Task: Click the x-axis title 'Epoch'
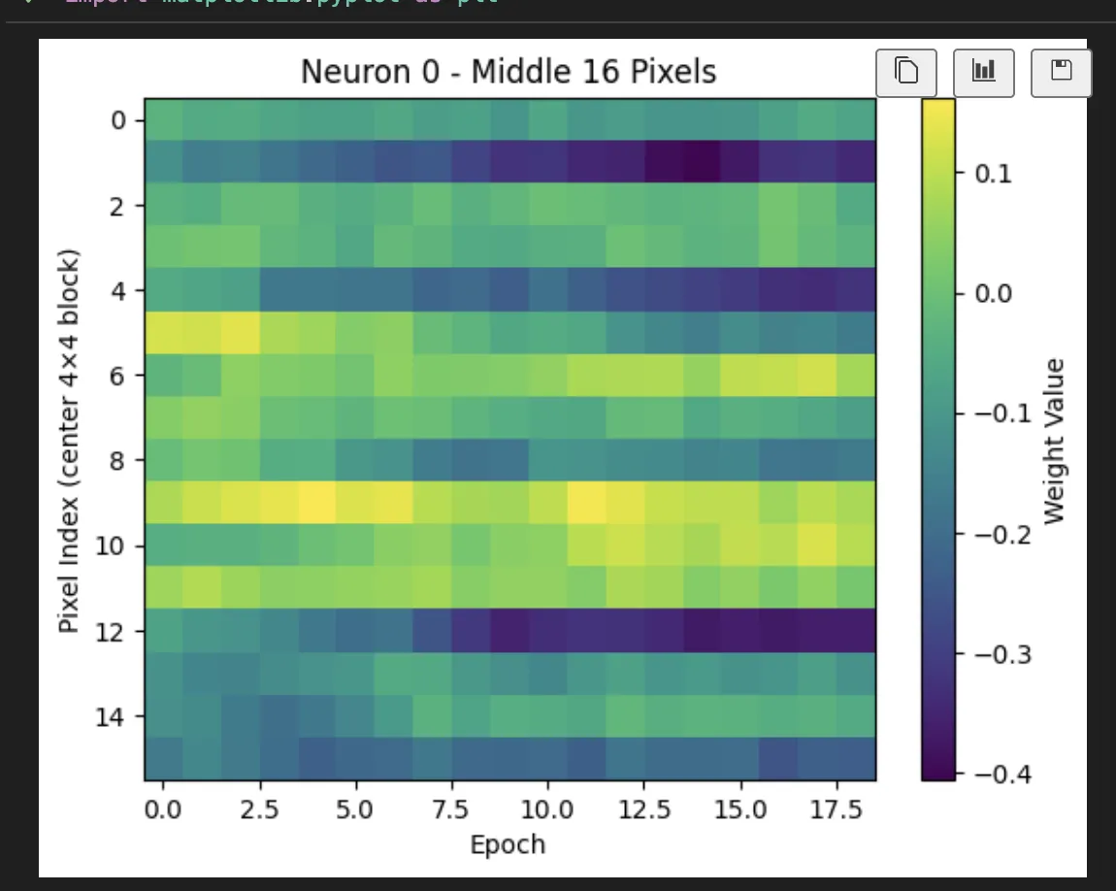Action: pyautogui.click(x=508, y=844)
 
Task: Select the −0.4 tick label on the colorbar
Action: pyautogui.click(x=998, y=774)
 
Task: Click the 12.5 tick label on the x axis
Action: pyautogui.click(x=642, y=808)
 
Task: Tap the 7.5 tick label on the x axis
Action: pyautogui.click(x=450, y=808)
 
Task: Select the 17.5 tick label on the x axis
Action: pyautogui.click(x=835, y=808)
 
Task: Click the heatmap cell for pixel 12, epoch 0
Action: pyautogui.click(x=163, y=631)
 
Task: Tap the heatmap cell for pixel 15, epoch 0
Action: pyautogui.click(x=163, y=759)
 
